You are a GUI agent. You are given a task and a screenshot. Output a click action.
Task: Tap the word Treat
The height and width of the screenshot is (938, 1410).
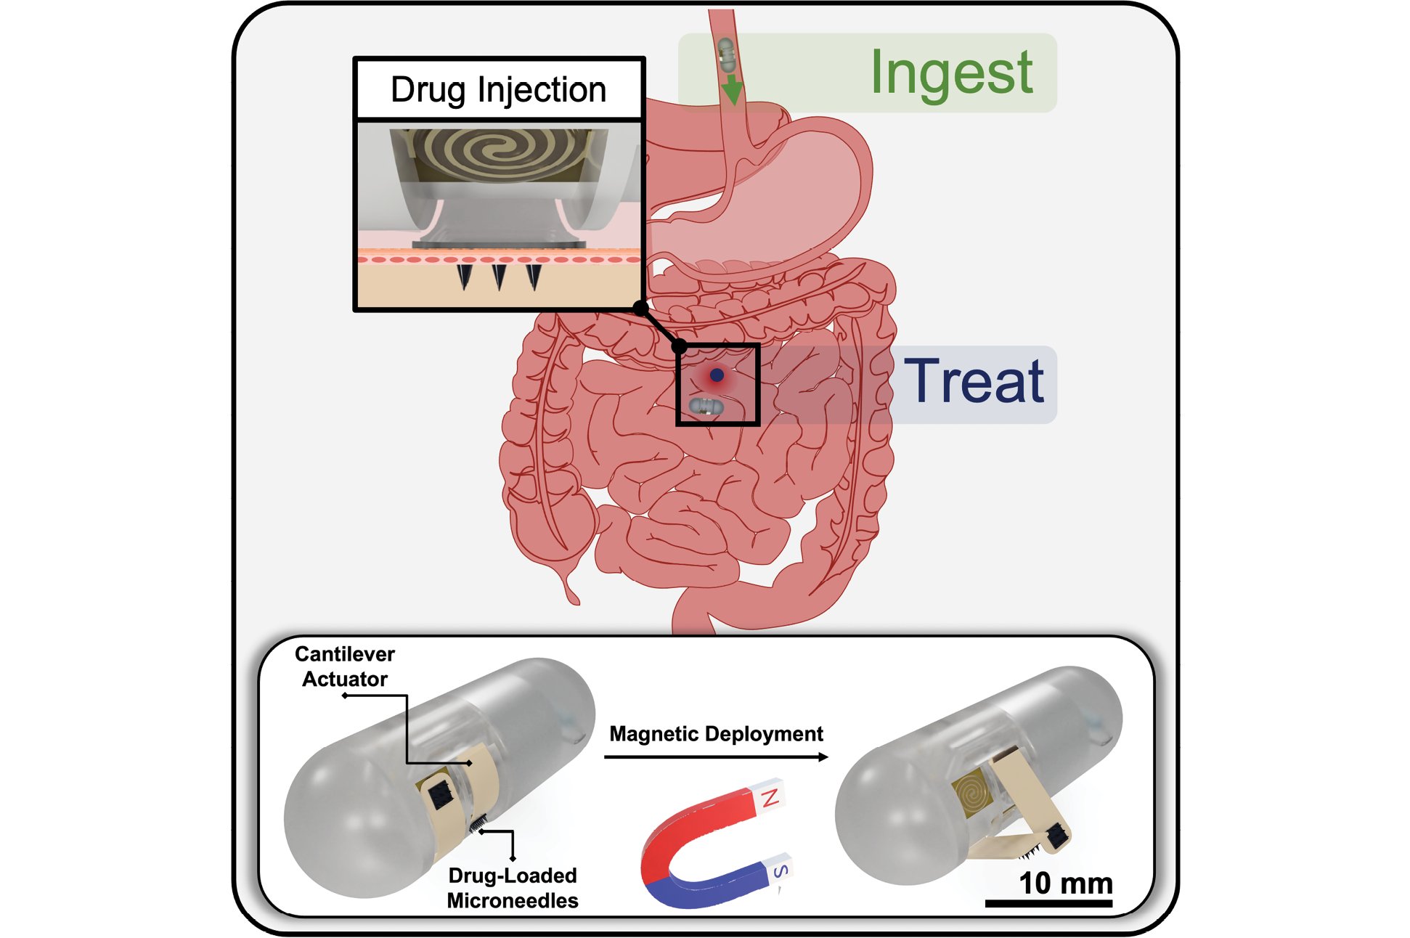[x=974, y=381]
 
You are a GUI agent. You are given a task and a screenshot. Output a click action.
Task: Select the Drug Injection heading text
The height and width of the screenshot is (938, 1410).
[x=498, y=90]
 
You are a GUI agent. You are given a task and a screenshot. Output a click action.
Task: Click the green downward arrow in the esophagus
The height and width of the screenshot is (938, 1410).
[x=732, y=88]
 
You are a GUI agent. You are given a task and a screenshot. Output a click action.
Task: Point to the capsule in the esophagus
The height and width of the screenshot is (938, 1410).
[x=726, y=54]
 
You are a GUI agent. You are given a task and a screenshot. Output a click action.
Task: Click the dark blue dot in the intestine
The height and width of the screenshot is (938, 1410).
[x=717, y=375]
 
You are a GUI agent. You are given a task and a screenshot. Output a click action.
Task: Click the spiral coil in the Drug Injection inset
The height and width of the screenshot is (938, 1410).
[x=500, y=152]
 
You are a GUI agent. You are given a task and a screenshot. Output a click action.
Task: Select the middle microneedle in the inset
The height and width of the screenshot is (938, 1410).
[x=500, y=277]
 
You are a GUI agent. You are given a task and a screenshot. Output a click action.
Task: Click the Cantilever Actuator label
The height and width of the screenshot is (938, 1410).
[x=345, y=666]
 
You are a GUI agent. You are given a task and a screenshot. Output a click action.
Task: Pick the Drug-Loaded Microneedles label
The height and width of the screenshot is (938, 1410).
[x=513, y=888]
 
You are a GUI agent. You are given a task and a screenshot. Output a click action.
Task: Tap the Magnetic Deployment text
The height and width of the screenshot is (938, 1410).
[x=716, y=734]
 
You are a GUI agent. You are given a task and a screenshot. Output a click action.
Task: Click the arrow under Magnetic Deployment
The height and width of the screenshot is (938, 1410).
[x=716, y=757]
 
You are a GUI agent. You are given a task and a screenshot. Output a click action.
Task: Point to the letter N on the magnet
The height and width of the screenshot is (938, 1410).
[x=771, y=797]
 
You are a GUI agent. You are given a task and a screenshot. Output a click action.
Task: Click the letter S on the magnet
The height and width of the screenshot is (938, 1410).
[x=781, y=870]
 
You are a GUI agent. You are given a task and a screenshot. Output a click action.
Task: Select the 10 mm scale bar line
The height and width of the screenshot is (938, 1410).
[x=1048, y=903]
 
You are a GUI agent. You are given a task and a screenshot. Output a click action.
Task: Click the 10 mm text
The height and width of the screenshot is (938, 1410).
[x=1066, y=884]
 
